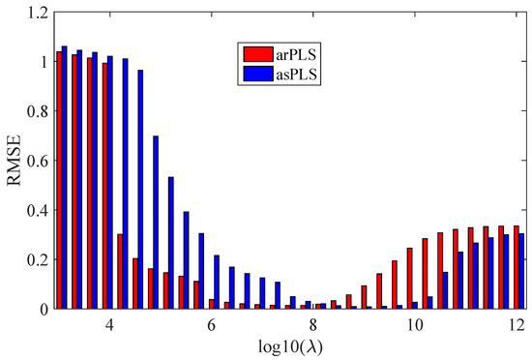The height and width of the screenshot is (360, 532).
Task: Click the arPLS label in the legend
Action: (x=298, y=51)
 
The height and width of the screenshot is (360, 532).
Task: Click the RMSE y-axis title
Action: (x=15, y=161)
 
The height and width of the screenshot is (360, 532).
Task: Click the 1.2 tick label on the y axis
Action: (x=37, y=13)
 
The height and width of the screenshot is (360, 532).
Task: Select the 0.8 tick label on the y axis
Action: (x=37, y=111)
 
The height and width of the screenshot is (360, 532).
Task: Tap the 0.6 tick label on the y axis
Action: (x=37, y=161)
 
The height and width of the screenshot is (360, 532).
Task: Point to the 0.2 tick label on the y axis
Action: (x=37, y=259)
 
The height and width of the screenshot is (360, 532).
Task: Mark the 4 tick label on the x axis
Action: (x=112, y=328)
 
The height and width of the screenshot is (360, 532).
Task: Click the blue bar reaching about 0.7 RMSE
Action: (x=156, y=223)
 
